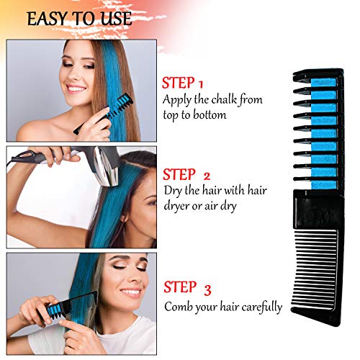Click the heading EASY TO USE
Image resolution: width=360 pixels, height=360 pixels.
(79, 19)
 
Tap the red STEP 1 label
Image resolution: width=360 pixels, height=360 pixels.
(183, 83)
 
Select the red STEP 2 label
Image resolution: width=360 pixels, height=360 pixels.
(186, 174)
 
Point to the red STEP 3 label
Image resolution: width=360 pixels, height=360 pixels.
(187, 287)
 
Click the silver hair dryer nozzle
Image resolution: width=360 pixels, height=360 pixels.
(107, 166)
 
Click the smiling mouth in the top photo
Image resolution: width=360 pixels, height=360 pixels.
(76, 89)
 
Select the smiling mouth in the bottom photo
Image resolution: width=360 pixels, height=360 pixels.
(131, 292)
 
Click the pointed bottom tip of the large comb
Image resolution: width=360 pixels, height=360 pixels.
(339, 325)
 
